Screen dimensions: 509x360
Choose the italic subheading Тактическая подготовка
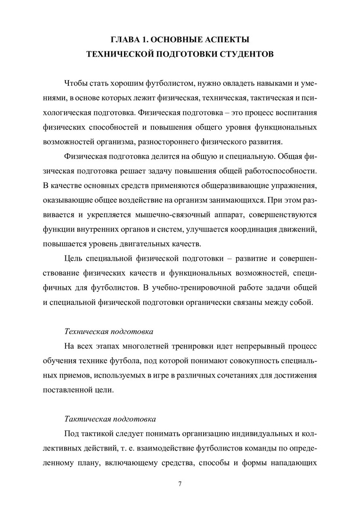pos(109,419)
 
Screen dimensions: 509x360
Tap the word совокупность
pos(238,361)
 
